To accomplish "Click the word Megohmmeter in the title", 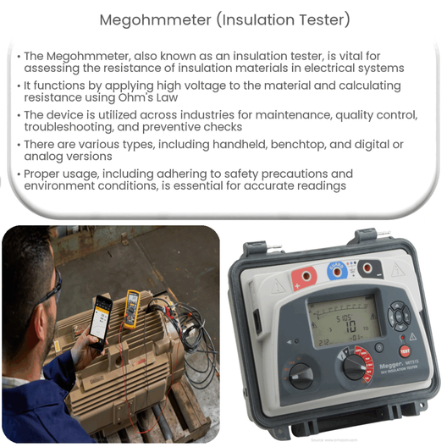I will coord(147,19).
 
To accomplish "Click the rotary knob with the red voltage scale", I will coord(355,366).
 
